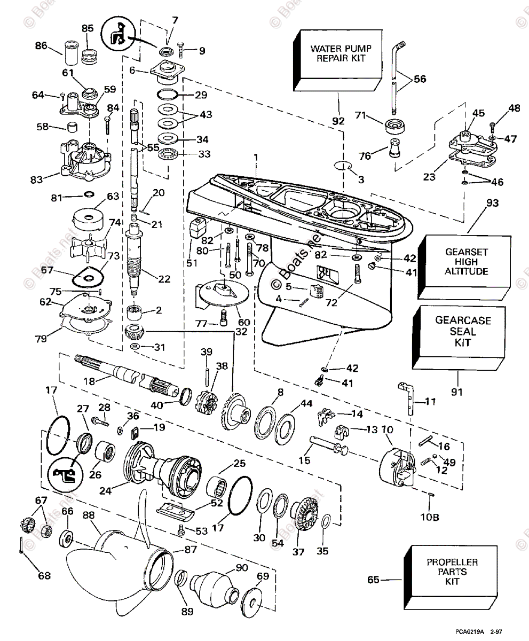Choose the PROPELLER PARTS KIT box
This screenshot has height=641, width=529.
click(451, 576)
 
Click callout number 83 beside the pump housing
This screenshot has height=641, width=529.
click(36, 179)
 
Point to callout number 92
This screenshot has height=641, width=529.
click(338, 121)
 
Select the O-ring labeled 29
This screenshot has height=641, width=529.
click(167, 95)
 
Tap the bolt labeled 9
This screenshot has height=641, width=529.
click(181, 50)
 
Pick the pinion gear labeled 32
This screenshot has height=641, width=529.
click(135, 332)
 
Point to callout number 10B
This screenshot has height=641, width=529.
click(430, 517)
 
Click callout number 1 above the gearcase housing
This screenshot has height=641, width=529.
click(256, 158)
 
